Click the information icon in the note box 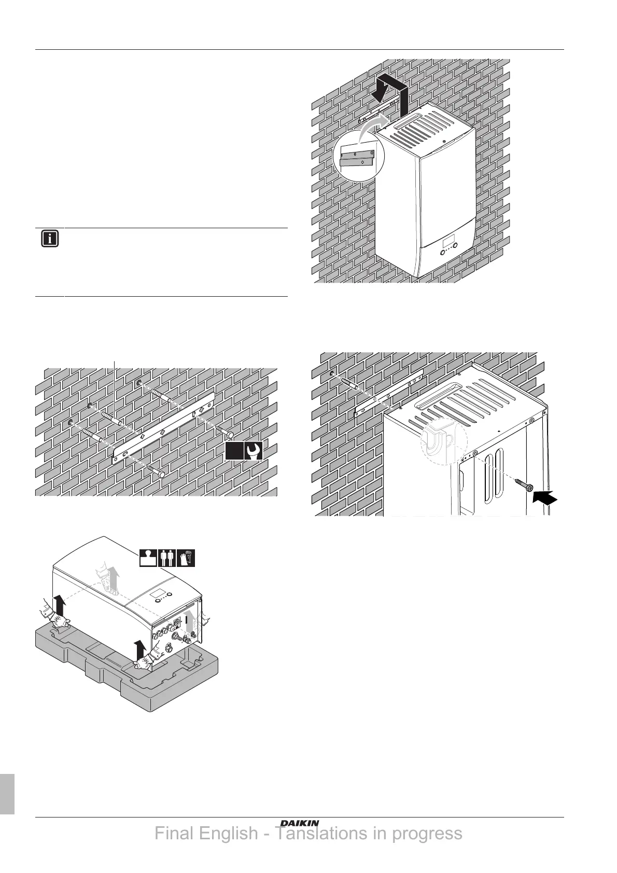[x=50, y=239]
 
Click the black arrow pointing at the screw [x=545, y=498]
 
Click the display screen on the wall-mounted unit [x=450, y=243]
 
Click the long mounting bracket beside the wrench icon [x=163, y=426]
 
